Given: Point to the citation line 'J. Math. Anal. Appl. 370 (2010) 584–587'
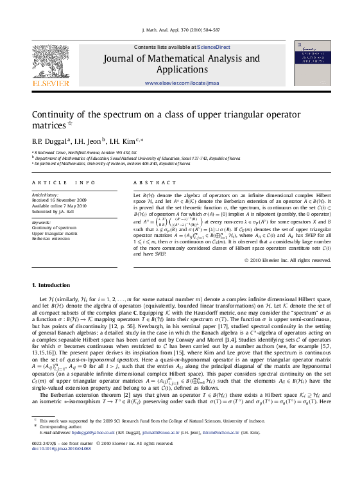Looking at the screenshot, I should pos(180,30).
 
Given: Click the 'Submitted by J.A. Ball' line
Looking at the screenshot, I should pos(54,211).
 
